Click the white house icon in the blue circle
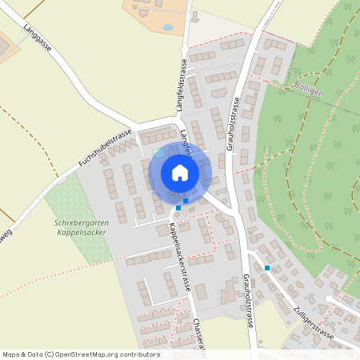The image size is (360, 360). [x=180, y=172]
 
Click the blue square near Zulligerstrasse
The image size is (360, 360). [x=267, y=267]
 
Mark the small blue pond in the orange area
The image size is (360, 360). [x=167, y=26]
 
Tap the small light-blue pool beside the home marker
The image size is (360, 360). [x=158, y=151]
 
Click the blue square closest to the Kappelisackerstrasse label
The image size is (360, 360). [x=178, y=208]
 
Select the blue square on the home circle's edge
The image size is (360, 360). [x=186, y=200]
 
